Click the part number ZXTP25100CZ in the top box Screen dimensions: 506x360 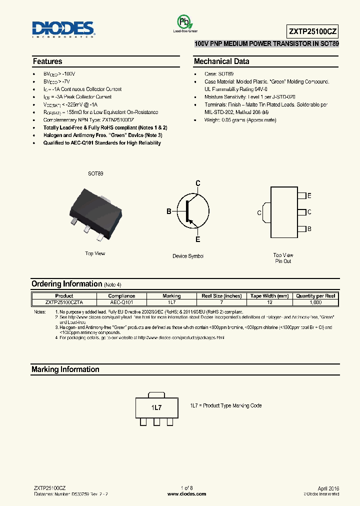(x=313, y=31)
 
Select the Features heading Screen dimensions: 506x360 (x=47, y=61)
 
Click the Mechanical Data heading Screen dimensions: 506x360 (x=221, y=61)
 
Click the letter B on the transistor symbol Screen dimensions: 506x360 (x=169, y=211)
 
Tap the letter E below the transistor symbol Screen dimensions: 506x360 (x=198, y=239)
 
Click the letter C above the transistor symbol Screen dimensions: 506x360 (x=198, y=183)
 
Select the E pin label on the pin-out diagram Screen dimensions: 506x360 (x=309, y=195)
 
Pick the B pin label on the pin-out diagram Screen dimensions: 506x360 (x=309, y=228)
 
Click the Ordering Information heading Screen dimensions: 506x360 (x=66, y=284)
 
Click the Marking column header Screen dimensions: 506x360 (x=171, y=296)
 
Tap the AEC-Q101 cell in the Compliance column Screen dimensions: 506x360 (x=121, y=302)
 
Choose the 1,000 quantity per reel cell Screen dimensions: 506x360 (x=316, y=302)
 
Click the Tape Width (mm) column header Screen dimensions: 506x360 (x=269, y=296)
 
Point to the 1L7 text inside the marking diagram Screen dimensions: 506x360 (x=156, y=407)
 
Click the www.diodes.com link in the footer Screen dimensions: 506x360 (x=186, y=494)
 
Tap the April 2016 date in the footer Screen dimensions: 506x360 (x=328, y=487)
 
